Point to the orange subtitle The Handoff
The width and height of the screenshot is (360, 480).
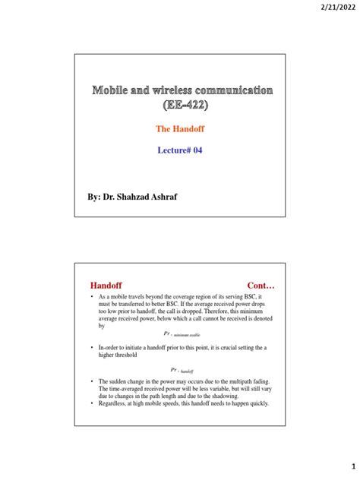180,129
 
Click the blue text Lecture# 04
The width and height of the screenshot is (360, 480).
180,150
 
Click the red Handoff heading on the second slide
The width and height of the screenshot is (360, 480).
106,284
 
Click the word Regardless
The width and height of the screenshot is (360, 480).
114,403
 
